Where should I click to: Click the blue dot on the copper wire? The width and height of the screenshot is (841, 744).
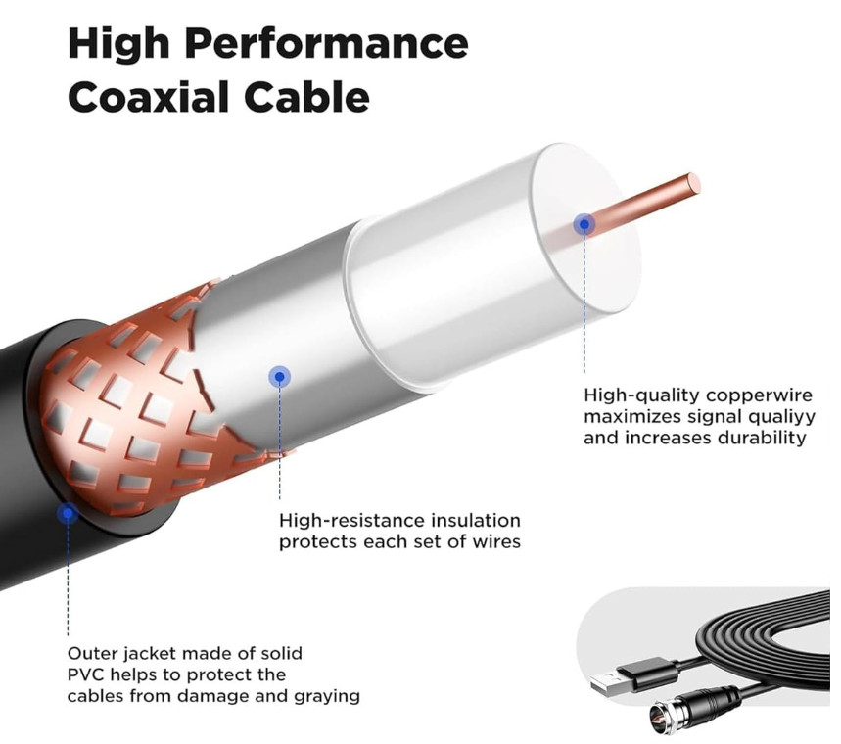tap(584, 224)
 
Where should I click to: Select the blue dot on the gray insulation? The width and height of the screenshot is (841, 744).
tap(280, 375)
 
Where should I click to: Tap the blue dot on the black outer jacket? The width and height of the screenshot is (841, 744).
tap(68, 513)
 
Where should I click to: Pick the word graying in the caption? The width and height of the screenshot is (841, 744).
tap(327, 696)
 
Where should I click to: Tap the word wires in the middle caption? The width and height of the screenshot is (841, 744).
tap(493, 541)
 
